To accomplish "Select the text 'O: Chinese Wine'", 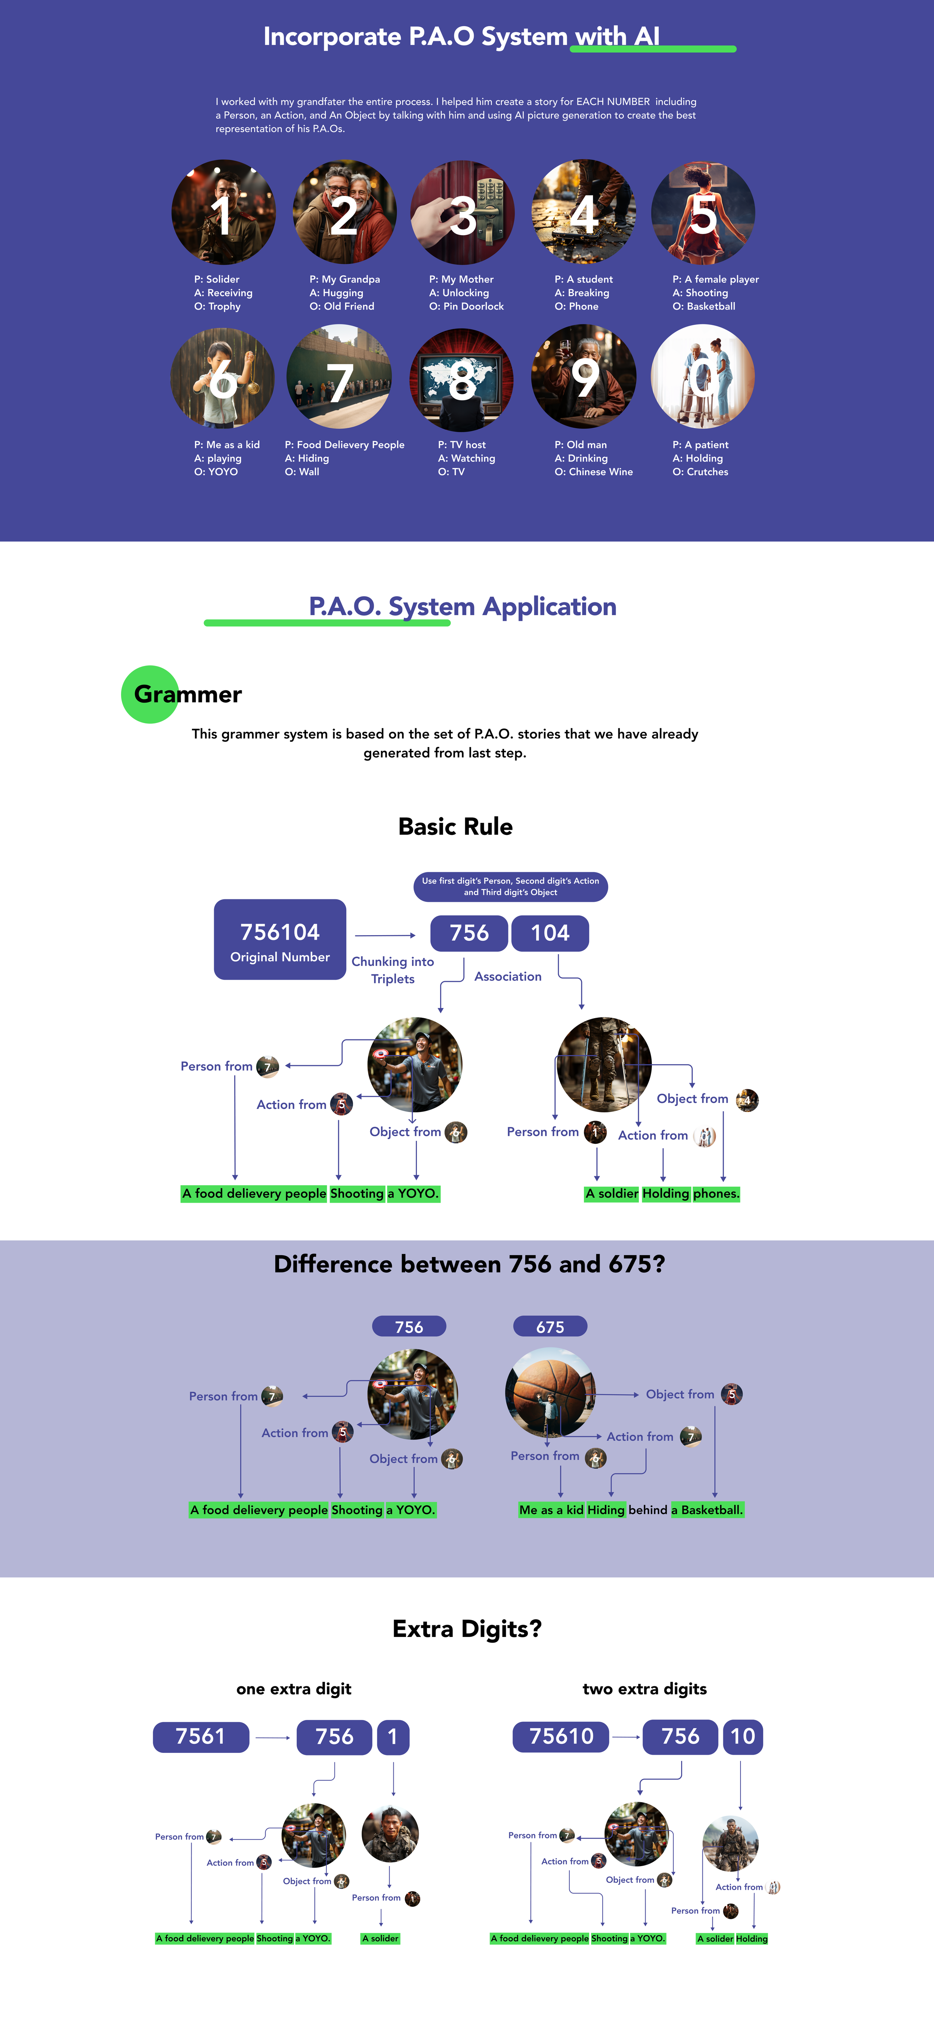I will pos(594,472).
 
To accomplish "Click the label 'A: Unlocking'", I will pos(459,293).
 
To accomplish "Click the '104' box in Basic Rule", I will pos(550,933).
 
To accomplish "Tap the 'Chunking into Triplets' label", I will pos(393,970).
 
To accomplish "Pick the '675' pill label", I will pos(550,1327).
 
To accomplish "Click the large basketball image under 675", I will pos(550,1391).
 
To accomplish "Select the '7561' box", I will pos(201,1737).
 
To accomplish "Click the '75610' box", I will pos(561,1737).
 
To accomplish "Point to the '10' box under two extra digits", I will pos(742,1737).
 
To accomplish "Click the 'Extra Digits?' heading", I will pos(467,1629).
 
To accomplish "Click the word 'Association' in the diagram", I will pos(508,977).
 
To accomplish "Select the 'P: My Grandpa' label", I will pos(344,280).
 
